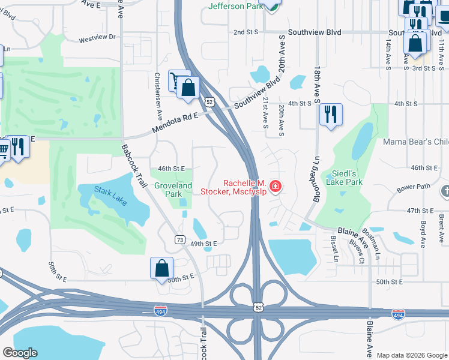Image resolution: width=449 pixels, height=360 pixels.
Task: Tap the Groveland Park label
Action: point(173,190)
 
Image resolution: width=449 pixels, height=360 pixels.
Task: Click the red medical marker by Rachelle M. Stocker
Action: point(276,187)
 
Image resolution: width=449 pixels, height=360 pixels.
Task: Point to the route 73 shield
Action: point(179,239)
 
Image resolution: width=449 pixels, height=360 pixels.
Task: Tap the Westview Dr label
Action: point(97,39)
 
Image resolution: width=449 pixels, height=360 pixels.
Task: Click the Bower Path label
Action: point(414,187)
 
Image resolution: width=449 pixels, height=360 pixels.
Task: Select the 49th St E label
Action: point(203,244)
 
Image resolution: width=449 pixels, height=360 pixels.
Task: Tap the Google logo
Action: point(20,353)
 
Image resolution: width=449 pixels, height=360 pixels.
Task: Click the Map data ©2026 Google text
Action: point(411,355)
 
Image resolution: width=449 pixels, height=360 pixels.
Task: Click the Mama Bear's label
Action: point(416,142)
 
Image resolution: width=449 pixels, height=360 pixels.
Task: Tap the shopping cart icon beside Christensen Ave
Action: point(175,81)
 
